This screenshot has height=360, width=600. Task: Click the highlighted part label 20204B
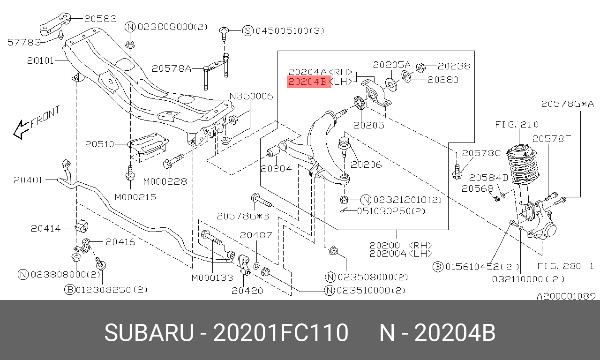tap(309, 82)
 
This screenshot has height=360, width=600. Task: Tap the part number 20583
tap(100, 19)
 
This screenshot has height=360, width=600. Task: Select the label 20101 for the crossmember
tap(40, 60)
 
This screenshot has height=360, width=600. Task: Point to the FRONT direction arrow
tap(21, 130)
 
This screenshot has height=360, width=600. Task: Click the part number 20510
tap(100, 144)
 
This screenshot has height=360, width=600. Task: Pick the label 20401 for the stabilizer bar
tap(28, 180)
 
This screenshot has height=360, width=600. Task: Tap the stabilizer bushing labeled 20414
tap(82, 226)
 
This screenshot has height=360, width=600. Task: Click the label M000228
tap(165, 181)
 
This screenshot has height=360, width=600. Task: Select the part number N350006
tap(251, 96)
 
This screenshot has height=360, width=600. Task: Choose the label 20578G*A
tap(567, 104)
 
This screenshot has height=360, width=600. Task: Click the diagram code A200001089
tap(566, 296)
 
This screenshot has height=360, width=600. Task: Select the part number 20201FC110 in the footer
tap(281, 333)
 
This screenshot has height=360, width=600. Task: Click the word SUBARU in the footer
tap(149, 333)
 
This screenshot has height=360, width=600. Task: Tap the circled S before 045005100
tap(248, 31)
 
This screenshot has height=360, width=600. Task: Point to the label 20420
tap(247, 291)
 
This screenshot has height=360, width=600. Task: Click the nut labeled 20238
tap(421, 68)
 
